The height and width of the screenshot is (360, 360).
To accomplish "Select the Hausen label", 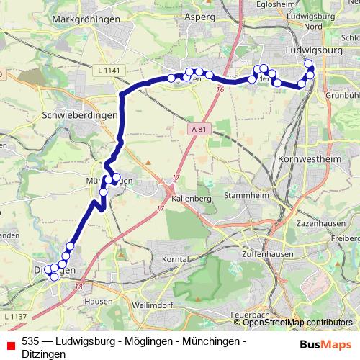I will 98,301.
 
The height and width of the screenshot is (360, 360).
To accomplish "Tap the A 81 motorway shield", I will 201,128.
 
